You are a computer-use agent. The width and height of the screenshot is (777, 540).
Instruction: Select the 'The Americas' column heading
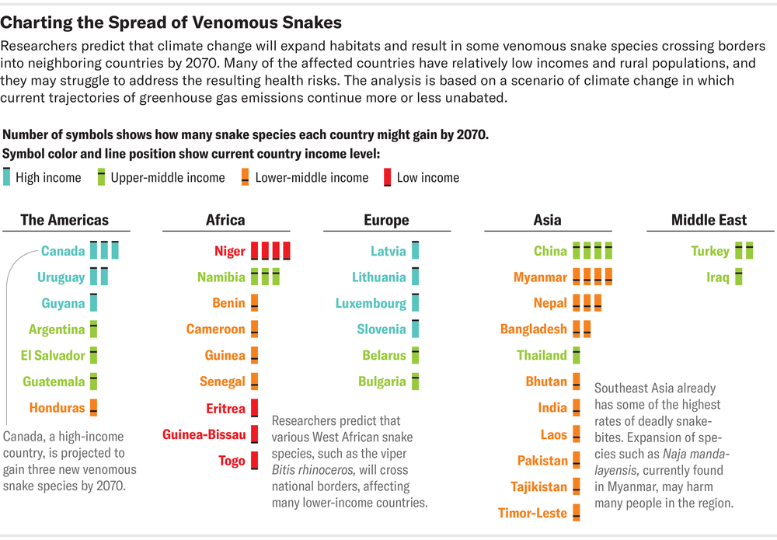click(x=64, y=220)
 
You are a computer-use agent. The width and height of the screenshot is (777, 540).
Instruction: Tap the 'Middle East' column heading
click(x=709, y=220)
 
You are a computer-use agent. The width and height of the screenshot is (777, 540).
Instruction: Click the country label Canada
click(x=63, y=251)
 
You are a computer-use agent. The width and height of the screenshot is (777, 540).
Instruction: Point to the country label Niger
click(x=230, y=251)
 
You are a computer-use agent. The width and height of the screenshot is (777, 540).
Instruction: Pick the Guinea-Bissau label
click(x=204, y=434)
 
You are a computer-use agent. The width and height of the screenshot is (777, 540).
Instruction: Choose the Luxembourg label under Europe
click(x=371, y=303)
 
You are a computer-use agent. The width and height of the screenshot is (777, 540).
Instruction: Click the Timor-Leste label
click(x=533, y=513)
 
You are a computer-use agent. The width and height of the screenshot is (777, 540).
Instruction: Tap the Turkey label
click(x=710, y=251)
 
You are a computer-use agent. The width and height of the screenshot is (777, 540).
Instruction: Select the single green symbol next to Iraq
click(x=739, y=277)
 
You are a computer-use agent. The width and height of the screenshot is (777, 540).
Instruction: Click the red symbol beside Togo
click(x=254, y=461)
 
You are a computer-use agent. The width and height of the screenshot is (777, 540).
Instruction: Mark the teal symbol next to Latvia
click(x=415, y=250)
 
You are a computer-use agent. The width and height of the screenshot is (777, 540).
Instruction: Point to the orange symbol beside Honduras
click(x=94, y=407)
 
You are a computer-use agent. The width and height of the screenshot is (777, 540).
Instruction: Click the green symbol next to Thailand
click(x=577, y=355)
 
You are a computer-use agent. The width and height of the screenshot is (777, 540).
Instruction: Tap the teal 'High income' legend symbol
click(x=8, y=177)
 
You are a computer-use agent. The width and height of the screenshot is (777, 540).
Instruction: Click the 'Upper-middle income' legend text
click(x=168, y=178)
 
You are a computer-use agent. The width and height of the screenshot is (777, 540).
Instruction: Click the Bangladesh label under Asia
click(x=534, y=329)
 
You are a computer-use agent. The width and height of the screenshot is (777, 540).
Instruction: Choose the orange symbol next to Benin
click(x=254, y=303)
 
